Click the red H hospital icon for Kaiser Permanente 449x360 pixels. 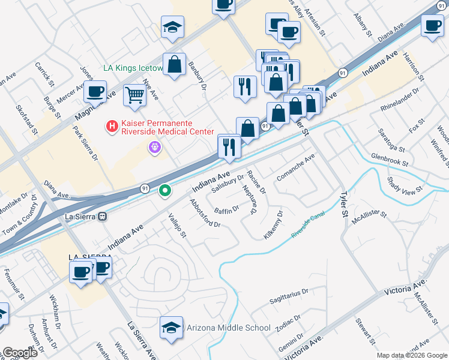click(111, 126)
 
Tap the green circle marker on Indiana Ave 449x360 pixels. click(165, 191)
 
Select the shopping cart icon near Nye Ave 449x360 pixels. click(135, 95)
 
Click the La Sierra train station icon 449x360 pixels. click(103, 217)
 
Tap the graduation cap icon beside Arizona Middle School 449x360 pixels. click(171, 328)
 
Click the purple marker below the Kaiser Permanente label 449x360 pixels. click(155, 146)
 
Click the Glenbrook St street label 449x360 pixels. click(389, 159)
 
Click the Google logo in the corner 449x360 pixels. click(20, 352)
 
